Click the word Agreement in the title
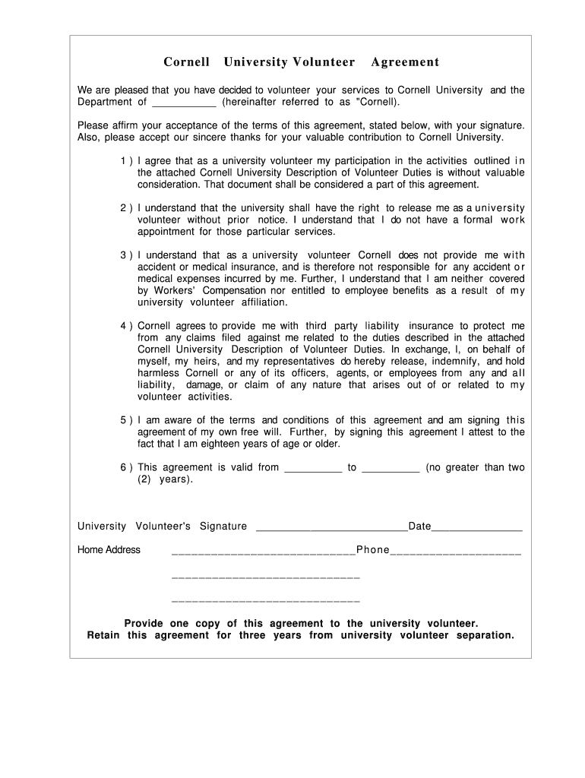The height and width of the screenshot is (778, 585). point(405,62)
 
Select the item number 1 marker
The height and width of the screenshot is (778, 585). point(125,161)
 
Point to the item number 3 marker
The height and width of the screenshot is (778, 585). point(125,255)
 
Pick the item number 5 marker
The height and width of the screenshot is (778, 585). point(125,420)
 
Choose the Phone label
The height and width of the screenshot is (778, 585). point(372,550)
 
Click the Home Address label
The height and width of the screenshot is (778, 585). point(109,550)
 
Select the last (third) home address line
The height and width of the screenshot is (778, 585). point(266,601)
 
